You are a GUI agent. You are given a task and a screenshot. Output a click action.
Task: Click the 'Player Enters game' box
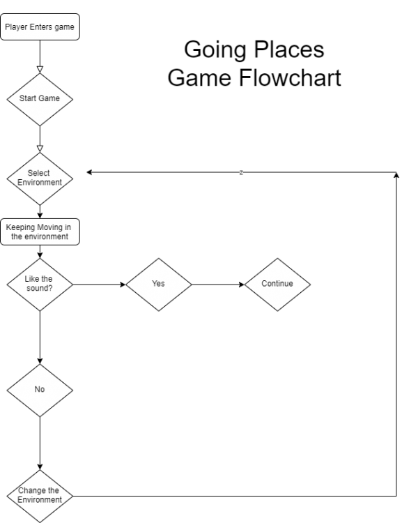pos(40,27)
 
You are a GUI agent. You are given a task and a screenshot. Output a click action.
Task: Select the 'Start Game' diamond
pos(40,100)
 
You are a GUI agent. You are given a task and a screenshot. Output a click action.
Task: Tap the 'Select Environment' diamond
pos(40,179)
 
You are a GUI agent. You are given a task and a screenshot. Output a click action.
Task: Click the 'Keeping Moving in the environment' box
pos(40,232)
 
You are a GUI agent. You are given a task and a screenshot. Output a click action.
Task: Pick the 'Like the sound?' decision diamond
pos(40,285)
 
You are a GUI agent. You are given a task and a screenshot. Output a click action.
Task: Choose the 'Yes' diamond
pos(159,285)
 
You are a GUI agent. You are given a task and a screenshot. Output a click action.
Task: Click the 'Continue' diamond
pos(278,285)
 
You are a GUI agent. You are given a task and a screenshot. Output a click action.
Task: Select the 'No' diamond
pos(40,391)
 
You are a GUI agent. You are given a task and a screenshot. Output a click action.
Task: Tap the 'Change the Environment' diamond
pos(40,496)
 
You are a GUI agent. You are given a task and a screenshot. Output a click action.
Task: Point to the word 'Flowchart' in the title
pos(290,77)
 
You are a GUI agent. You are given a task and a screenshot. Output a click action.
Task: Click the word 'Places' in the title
pos(289,50)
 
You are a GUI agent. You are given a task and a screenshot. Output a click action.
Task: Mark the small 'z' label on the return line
pos(241,172)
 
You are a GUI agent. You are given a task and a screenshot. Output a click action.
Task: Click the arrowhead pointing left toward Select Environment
pos(89,172)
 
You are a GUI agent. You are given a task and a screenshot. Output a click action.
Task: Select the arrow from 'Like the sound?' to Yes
pos(100,285)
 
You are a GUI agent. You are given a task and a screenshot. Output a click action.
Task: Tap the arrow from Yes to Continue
pos(218,285)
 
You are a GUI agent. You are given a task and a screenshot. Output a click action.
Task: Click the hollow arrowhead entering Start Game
pos(40,70)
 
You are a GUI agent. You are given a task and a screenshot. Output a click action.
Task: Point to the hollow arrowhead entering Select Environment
pos(40,149)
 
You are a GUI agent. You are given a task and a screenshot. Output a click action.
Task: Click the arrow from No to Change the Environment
pos(40,444)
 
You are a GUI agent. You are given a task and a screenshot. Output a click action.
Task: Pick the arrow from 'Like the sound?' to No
pos(40,338)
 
